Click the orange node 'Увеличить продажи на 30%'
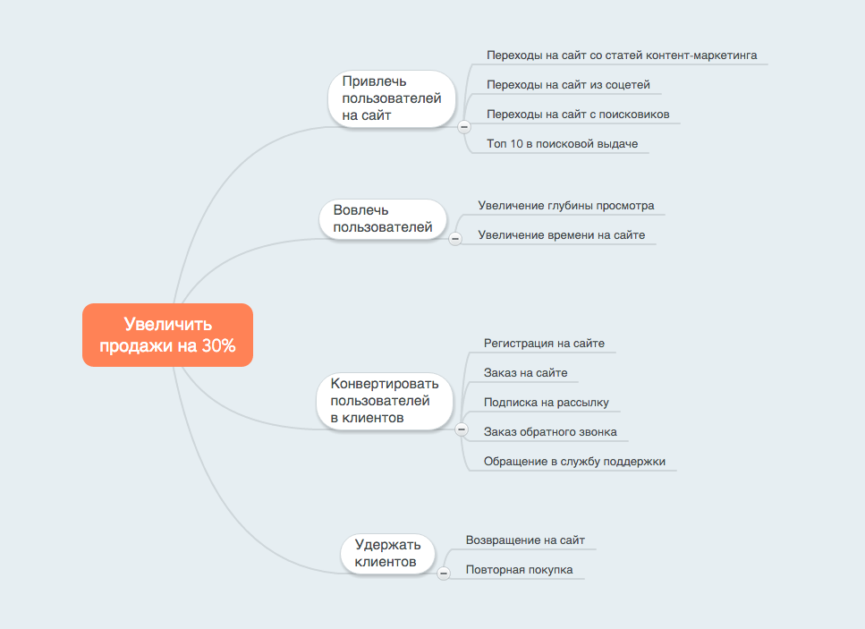tap(167, 336)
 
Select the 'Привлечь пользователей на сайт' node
tap(392, 98)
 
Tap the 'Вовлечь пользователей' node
tap(383, 219)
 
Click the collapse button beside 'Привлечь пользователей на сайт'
tap(463, 127)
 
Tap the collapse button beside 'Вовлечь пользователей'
tap(454, 238)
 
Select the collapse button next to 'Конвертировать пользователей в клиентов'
tap(462, 429)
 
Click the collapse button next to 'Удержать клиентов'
tap(443, 573)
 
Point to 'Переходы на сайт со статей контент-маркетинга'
tap(622, 55)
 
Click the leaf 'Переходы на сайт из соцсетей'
tap(568, 85)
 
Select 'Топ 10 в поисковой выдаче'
tap(562, 143)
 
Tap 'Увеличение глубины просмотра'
tap(565, 206)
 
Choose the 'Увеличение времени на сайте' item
tap(561, 235)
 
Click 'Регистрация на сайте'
tap(544, 343)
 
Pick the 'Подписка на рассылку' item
tap(546, 403)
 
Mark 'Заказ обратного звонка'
tap(550, 432)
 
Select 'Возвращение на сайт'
tap(525, 540)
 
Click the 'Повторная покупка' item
tap(519, 570)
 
